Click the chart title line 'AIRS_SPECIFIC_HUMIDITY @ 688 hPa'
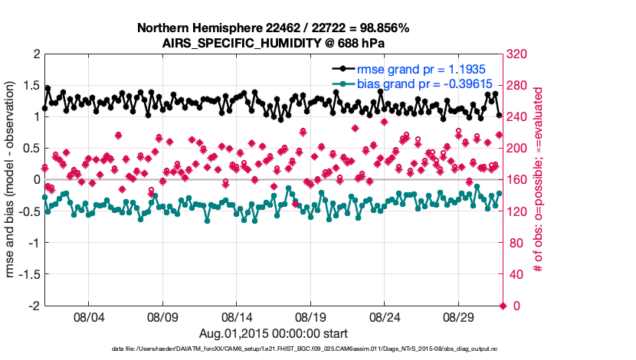tap(272, 43)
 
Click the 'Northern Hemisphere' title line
tap(272, 28)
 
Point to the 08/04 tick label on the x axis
tap(88, 316)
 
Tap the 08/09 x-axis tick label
tap(162, 316)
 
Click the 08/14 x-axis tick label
tap(237, 316)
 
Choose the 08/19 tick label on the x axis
tap(310, 316)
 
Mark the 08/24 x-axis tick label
tap(385, 316)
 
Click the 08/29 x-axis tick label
tap(459, 316)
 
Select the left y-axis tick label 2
tap(35, 54)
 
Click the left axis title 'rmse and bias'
tap(13, 180)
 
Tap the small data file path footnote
tap(273, 349)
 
